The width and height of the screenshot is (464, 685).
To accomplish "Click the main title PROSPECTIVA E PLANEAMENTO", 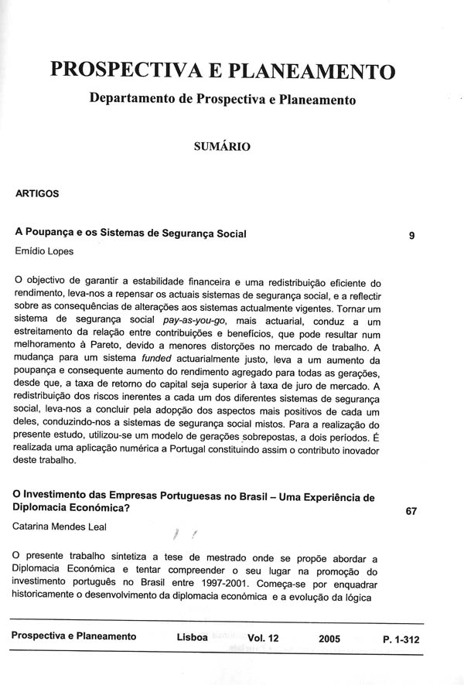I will coord(223,70).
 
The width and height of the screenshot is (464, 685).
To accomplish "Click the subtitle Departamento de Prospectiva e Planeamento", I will coord(223,100).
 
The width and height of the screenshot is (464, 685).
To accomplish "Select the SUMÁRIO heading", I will coord(222,145).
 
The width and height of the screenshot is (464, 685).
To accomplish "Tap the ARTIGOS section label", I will coord(37,194).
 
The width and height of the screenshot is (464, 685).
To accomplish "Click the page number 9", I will coord(411,237).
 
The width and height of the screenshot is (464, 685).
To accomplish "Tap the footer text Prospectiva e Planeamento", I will coord(74,637).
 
